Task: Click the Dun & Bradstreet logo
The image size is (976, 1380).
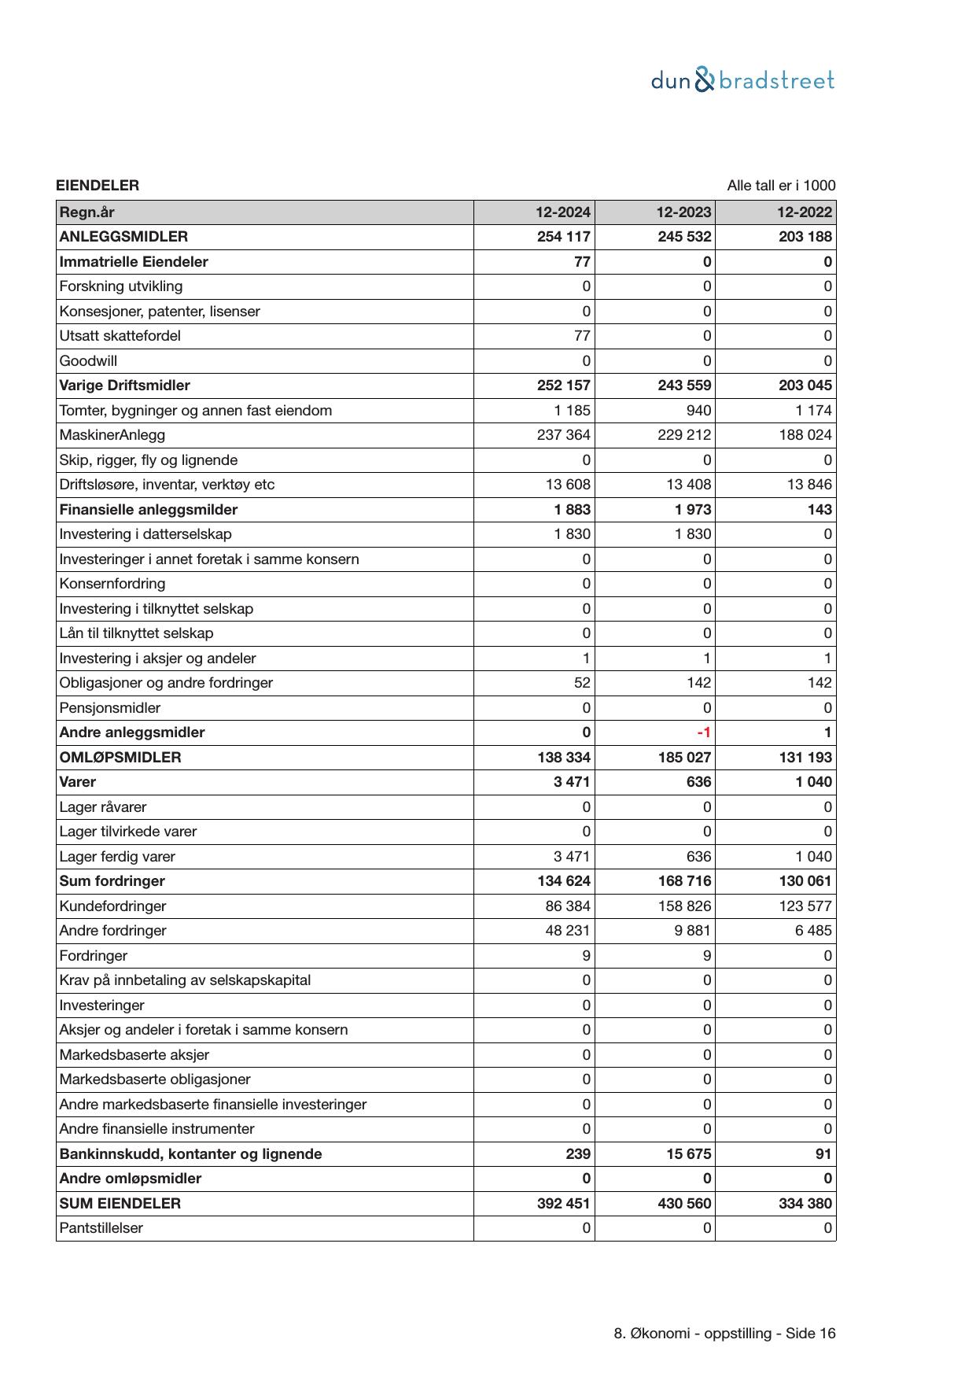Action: pyautogui.click(x=742, y=80)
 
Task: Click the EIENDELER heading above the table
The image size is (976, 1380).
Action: pyautogui.click(x=98, y=186)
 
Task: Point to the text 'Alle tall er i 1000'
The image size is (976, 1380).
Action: pyautogui.click(x=780, y=186)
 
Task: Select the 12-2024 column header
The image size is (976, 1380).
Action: pyautogui.click(x=562, y=212)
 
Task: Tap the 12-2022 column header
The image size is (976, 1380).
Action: pyautogui.click(x=804, y=212)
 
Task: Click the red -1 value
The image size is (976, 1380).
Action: pyautogui.click(x=703, y=732)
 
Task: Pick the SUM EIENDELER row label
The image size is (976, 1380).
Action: pyautogui.click(x=120, y=1203)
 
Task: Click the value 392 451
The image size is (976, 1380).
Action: pyautogui.click(x=563, y=1203)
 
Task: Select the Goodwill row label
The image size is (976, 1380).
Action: pyautogui.click(x=88, y=361)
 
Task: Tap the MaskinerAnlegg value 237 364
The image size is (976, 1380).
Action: pyautogui.click(x=563, y=435)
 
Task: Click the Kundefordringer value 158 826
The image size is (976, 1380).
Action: pyautogui.click(x=683, y=906)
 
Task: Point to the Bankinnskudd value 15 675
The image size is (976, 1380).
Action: pyautogui.click(x=683, y=1154)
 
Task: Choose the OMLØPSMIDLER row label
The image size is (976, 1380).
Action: pyautogui.click(x=120, y=758)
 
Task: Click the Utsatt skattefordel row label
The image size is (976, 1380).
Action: pyautogui.click(x=120, y=336)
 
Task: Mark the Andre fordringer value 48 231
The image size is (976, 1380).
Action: pyautogui.click(x=567, y=931)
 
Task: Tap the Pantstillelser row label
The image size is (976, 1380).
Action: pyautogui.click(x=101, y=1228)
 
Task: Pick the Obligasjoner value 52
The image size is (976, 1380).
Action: pyautogui.click(x=581, y=683)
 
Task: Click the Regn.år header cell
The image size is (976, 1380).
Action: pyautogui.click(x=87, y=212)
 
